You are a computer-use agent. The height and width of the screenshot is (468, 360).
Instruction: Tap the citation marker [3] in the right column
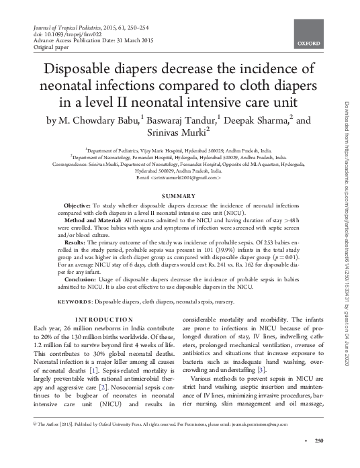pyautogui.click(x=261, y=369)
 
